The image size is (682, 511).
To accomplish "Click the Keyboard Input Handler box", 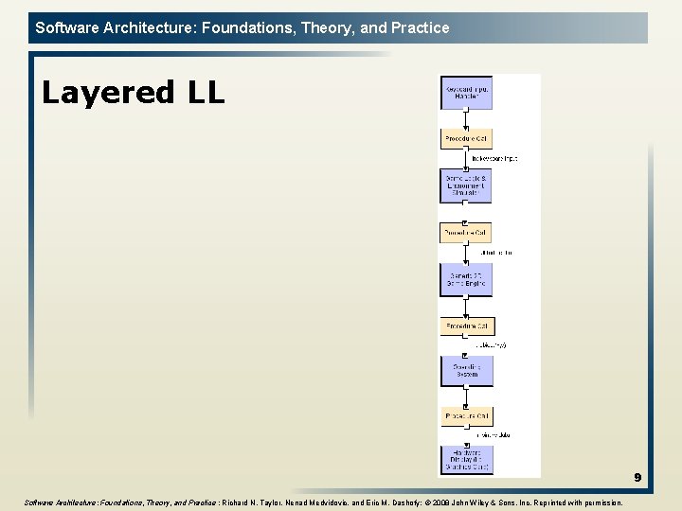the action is pyautogui.click(x=466, y=93).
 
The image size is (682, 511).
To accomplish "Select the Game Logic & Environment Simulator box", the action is pyautogui.click(x=466, y=185).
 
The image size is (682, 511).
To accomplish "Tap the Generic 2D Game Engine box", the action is pyautogui.click(x=466, y=278).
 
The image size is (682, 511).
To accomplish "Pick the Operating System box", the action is pyautogui.click(x=466, y=370).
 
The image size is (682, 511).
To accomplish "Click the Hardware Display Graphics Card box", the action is pyautogui.click(x=466, y=458).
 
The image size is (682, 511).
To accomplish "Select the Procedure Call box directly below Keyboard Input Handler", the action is pyautogui.click(x=466, y=138).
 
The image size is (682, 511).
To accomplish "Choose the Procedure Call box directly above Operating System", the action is pyautogui.click(x=466, y=326).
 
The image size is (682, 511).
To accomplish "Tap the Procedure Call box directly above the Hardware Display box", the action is pyautogui.click(x=466, y=416).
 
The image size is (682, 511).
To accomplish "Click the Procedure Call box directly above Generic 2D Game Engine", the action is pyautogui.click(x=466, y=232).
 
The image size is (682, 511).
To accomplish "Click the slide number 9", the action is pyautogui.click(x=637, y=478).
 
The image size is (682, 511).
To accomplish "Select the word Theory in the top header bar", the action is pyautogui.click(x=322, y=27).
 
